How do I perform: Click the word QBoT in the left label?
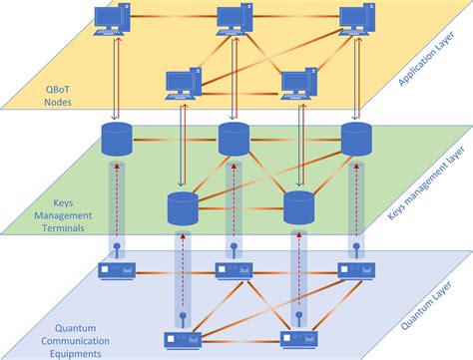point(45,88)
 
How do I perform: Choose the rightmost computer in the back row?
point(358,21)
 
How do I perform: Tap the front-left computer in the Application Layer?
point(183,84)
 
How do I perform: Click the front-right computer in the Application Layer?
point(298,84)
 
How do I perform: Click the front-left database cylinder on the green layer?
point(182,208)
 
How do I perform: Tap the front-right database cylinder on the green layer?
point(298,208)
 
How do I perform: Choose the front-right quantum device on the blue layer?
point(296,339)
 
